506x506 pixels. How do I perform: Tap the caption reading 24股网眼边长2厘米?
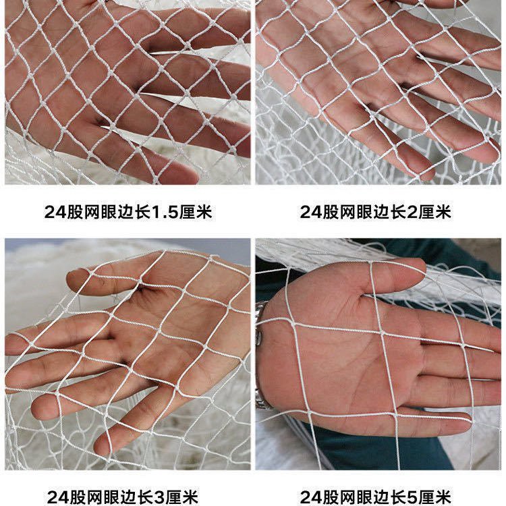375,212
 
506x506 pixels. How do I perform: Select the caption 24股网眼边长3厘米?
123,497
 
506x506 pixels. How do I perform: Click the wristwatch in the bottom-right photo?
260,362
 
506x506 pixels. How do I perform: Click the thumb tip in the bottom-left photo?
73,278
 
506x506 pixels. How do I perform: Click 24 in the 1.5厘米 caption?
55,212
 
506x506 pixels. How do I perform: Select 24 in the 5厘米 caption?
311,497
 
